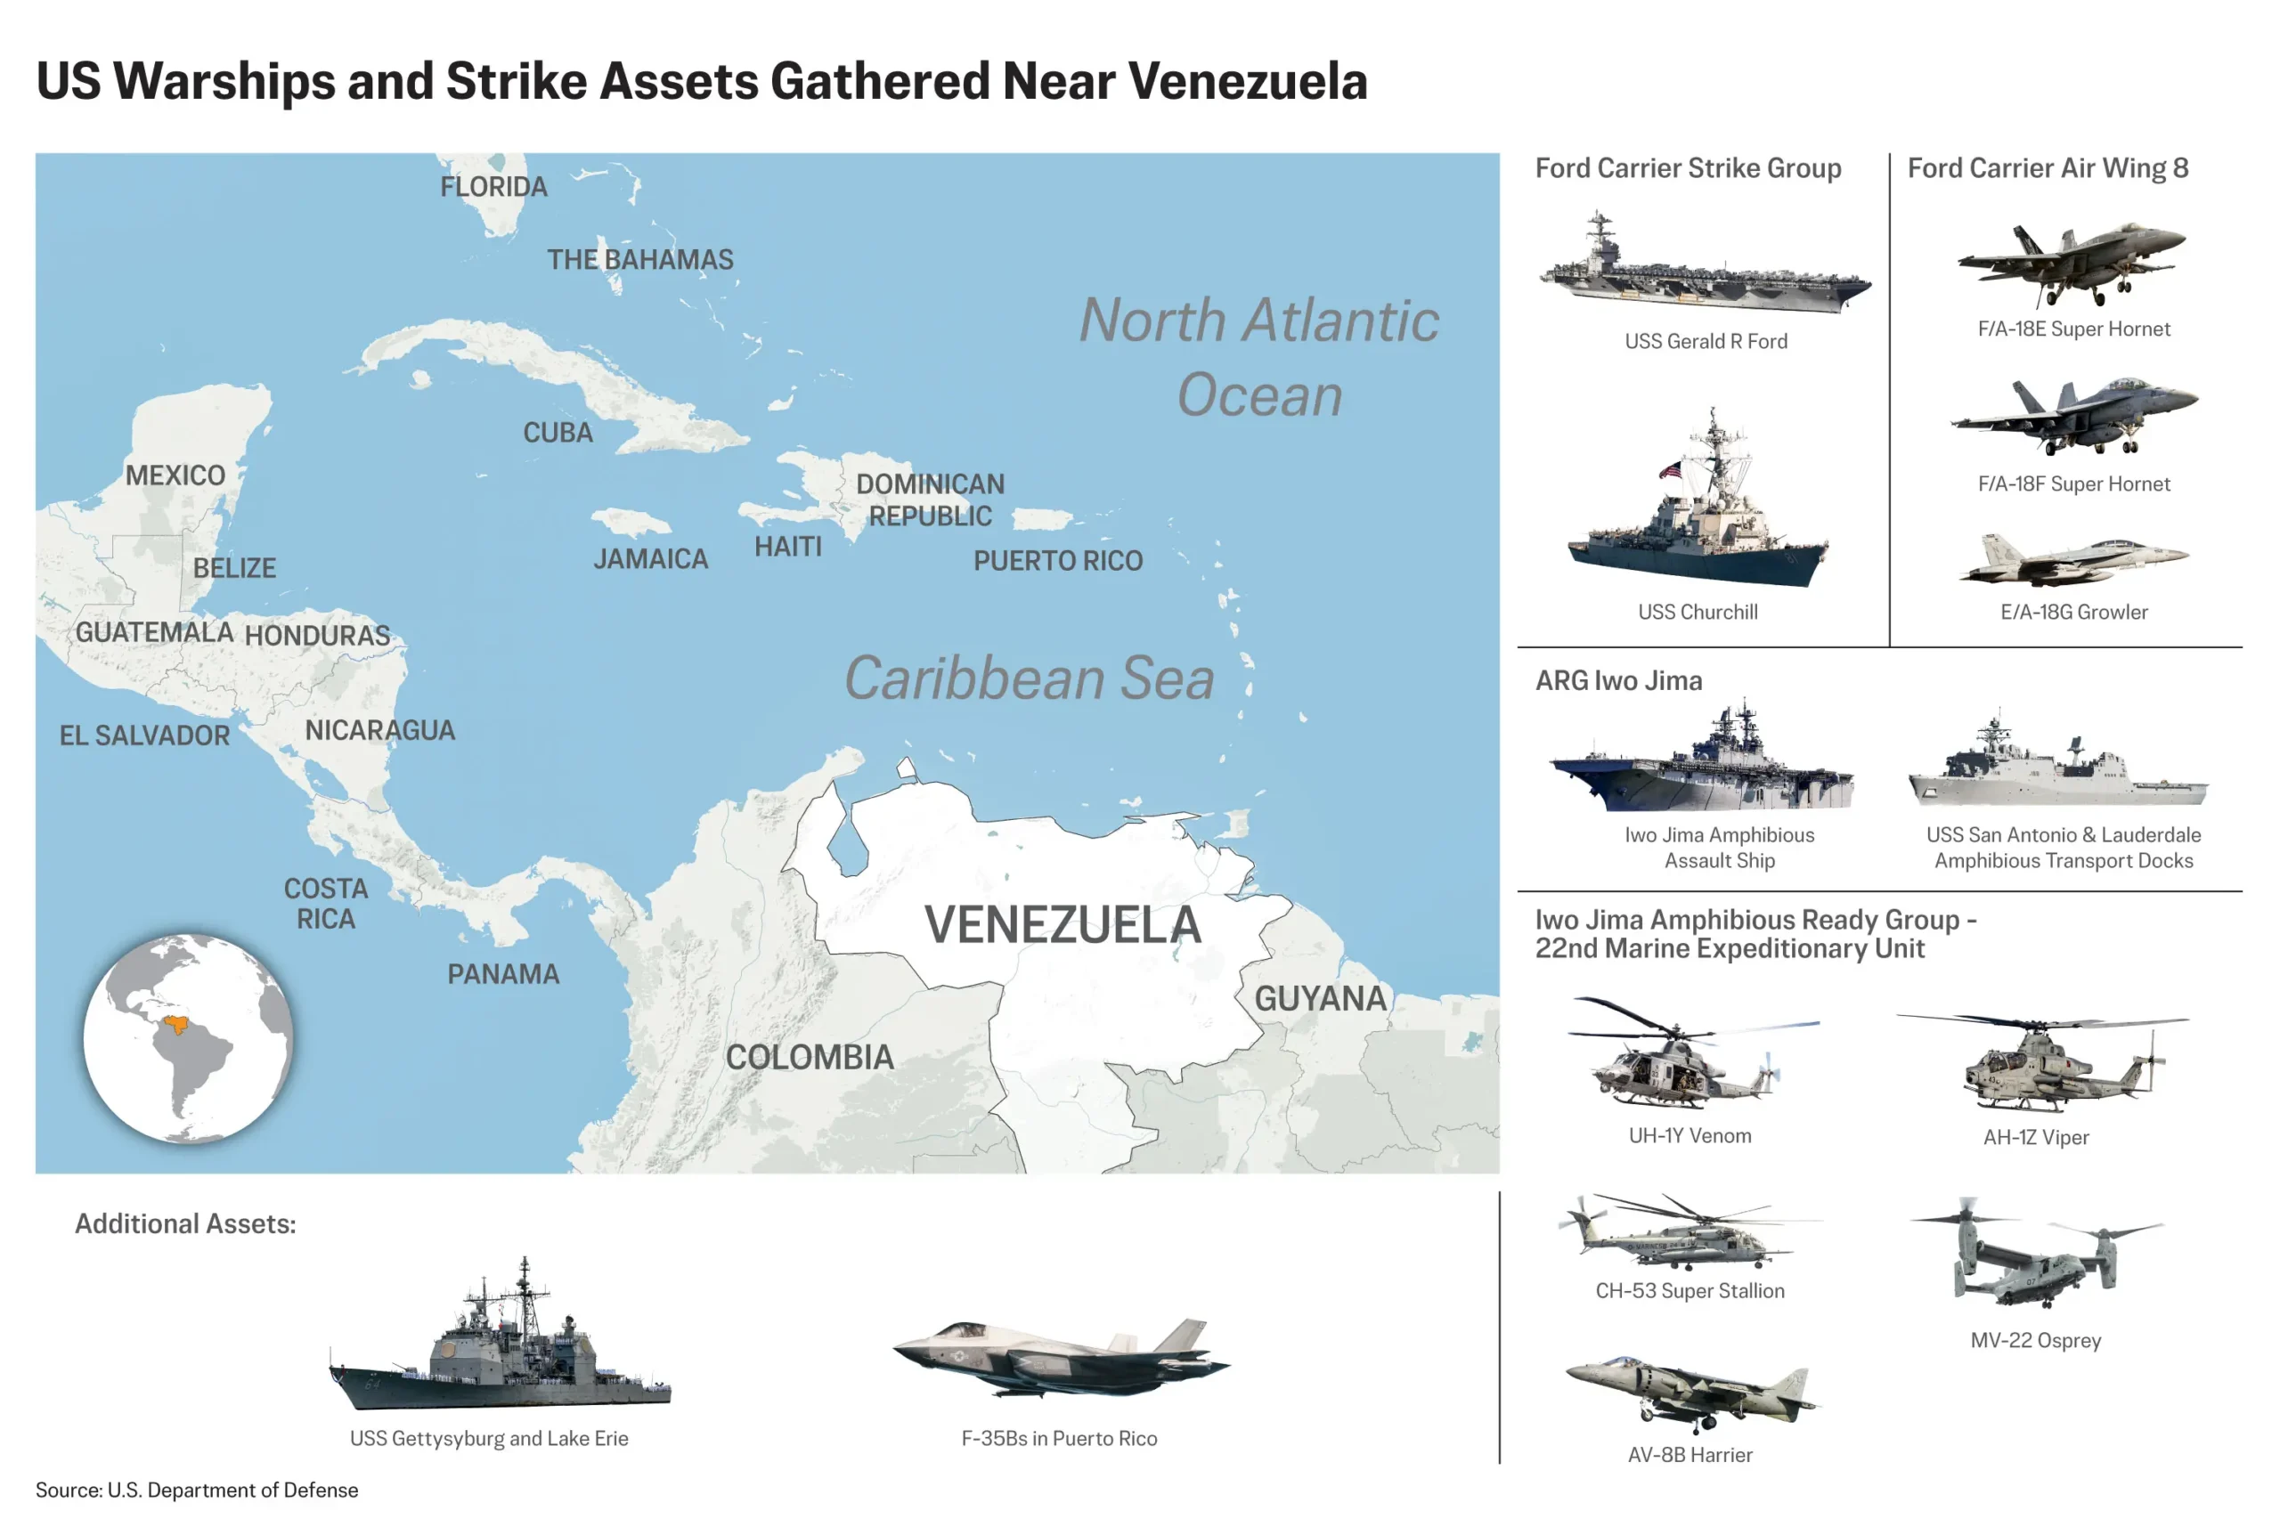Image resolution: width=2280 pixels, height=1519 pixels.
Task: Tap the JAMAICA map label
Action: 650,559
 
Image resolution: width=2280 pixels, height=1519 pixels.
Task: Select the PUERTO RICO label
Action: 1057,561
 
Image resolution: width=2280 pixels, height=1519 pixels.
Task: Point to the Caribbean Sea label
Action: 1028,678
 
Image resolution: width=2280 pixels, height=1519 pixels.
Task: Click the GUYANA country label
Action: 1320,999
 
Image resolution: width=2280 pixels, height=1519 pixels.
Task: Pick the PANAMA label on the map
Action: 503,973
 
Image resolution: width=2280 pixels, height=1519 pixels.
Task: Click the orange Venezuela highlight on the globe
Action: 175,1024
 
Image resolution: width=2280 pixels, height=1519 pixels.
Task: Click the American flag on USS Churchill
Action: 1670,471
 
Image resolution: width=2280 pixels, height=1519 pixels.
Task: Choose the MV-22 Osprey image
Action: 2035,1255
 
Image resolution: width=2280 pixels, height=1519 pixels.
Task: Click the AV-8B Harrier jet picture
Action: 1691,1393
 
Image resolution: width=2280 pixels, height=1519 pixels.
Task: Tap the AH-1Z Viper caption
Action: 2035,1137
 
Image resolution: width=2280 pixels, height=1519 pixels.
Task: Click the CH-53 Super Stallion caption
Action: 1689,1290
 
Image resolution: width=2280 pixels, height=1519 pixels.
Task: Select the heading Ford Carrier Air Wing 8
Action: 2047,168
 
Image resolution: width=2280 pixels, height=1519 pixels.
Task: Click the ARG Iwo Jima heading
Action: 1618,681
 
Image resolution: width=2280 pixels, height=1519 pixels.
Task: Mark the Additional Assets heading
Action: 185,1223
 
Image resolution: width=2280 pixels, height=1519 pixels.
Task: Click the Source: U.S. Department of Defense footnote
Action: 197,1490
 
